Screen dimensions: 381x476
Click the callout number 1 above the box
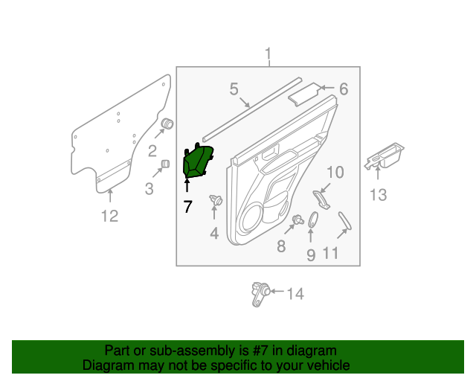click(x=268, y=54)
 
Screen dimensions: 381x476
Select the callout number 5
click(x=234, y=90)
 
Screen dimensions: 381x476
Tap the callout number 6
click(x=343, y=89)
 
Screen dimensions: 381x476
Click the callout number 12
click(x=109, y=217)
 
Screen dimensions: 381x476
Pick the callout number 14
click(x=295, y=294)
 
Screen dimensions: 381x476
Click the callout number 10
click(x=335, y=173)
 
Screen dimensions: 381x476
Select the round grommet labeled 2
click(x=168, y=124)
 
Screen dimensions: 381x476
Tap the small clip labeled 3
click(x=166, y=164)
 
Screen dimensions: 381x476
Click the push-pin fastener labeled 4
click(x=217, y=199)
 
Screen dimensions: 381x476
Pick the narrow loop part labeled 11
click(x=344, y=222)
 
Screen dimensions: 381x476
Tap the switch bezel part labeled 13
click(x=387, y=156)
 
